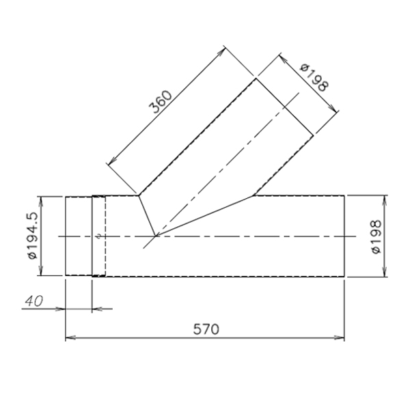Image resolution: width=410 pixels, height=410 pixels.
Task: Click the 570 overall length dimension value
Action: tap(206, 329)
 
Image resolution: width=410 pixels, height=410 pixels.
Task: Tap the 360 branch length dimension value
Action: tap(161, 101)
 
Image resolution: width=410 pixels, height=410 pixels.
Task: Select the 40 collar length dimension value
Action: tap(34, 301)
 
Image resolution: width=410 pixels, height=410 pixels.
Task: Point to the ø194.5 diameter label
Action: tap(33, 235)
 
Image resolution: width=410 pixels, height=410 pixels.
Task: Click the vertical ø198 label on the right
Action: tap(377, 236)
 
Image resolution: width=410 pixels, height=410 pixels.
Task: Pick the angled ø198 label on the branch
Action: tap(314, 78)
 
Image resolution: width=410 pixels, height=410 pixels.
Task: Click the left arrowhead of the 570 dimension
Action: tap(70, 338)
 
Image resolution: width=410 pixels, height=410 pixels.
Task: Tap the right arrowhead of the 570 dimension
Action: tap(339, 338)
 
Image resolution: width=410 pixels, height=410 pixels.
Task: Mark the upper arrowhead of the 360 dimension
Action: tap(221, 51)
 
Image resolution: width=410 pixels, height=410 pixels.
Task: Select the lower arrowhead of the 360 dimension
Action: tap(112, 161)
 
